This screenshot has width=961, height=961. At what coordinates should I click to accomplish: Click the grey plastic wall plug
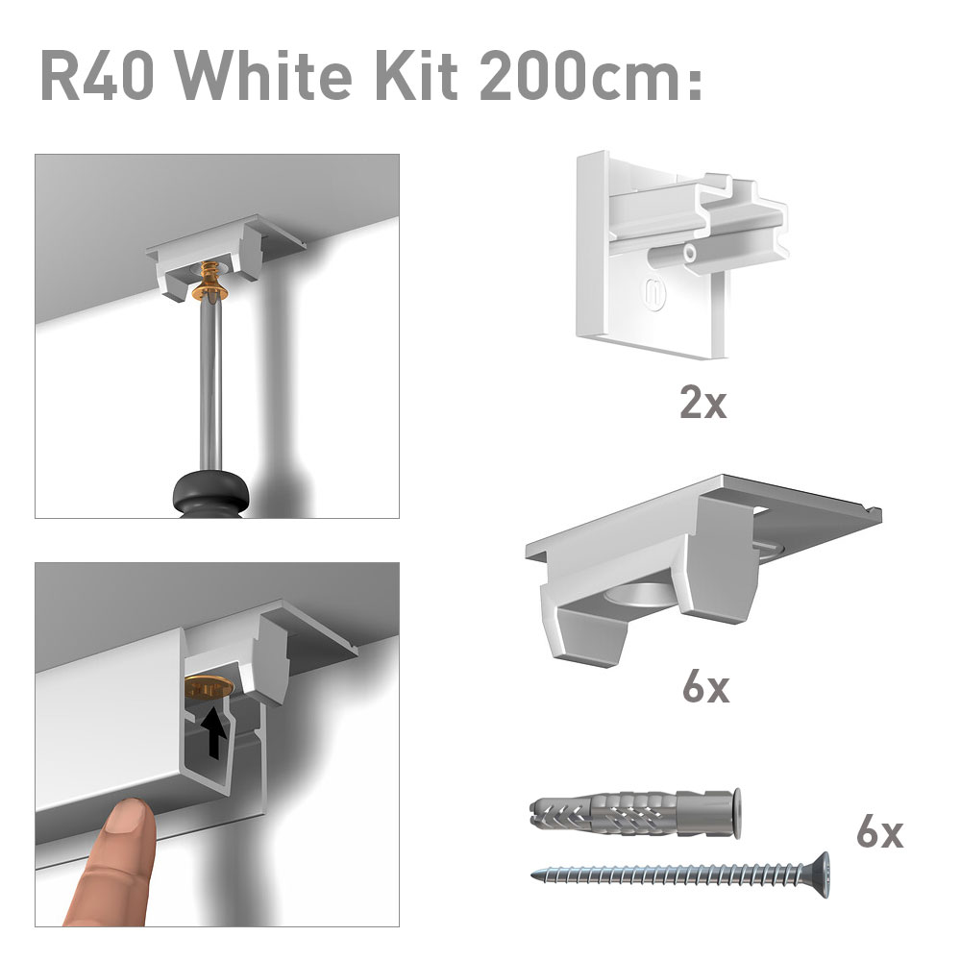point(634,813)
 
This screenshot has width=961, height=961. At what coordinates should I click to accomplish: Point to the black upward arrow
point(214,730)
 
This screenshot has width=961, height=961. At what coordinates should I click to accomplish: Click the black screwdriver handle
point(212,494)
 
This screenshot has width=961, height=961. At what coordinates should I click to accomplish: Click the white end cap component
point(681,254)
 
